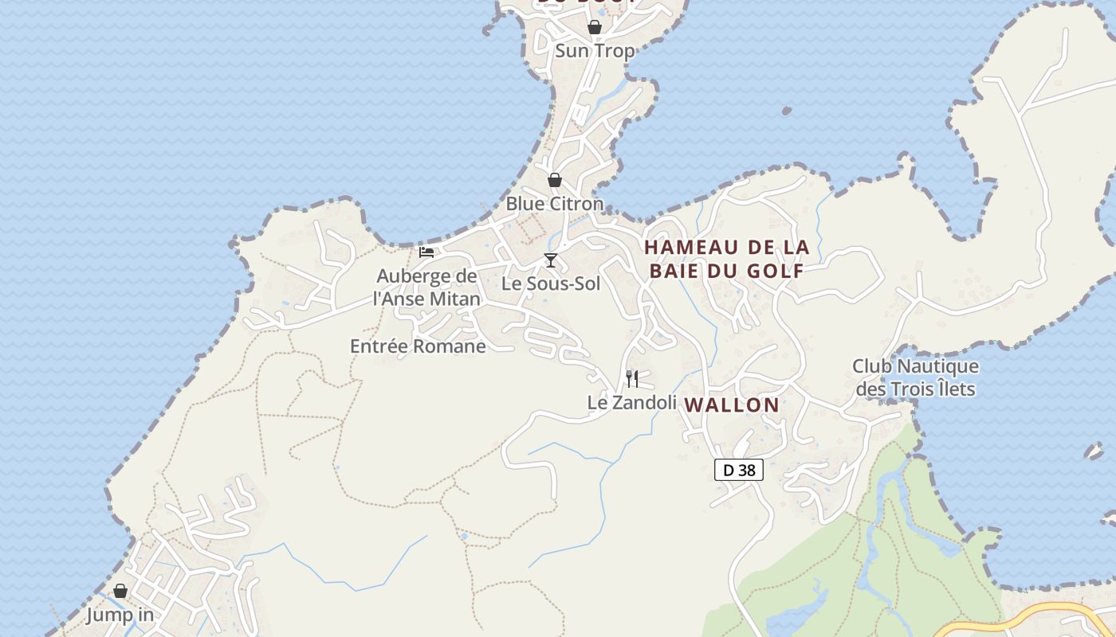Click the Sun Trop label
595,51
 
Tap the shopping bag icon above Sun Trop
595,28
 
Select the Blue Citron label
555,204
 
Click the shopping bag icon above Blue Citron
555,180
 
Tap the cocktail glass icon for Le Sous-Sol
550,260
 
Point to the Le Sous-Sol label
551,283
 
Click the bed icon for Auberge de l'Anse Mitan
426,252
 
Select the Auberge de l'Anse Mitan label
427,287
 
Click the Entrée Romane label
418,346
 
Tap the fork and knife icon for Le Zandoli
632,378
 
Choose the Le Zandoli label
632,403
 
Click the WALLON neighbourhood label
732,404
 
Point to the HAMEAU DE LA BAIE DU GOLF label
727,259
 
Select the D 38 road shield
738,471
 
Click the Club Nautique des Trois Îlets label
915,378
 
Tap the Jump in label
120,616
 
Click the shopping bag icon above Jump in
120,591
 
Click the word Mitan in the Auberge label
454,299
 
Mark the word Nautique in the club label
937,367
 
